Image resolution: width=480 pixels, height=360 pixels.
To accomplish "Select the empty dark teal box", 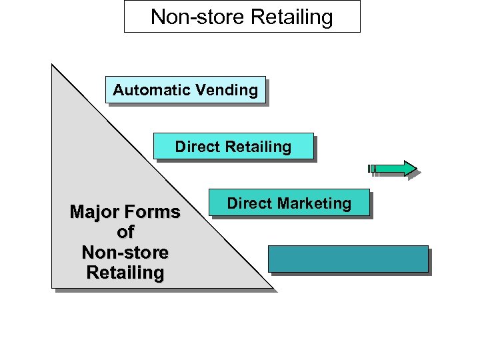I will point(348,259).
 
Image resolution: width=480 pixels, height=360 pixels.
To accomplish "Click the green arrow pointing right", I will point(393,168).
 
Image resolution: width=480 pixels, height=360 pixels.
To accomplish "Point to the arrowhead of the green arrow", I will point(409,168).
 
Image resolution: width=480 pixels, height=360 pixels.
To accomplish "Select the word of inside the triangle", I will point(125,233).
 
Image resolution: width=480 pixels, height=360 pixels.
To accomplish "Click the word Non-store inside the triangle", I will point(125,253).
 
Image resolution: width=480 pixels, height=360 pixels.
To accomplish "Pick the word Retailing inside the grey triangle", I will point(125,273).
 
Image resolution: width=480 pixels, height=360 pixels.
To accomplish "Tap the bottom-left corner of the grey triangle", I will point(53,287).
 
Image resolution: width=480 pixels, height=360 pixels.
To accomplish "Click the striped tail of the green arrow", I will point(373,168).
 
